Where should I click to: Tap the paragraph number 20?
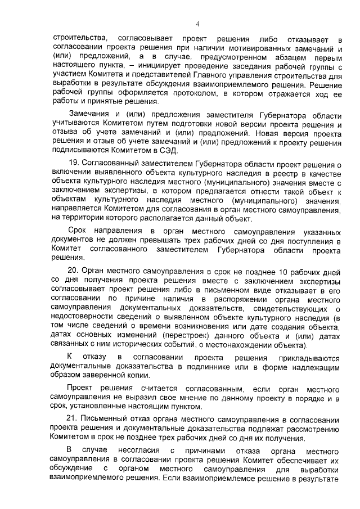point(73,271)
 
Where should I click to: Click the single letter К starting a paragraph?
point(70,358)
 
